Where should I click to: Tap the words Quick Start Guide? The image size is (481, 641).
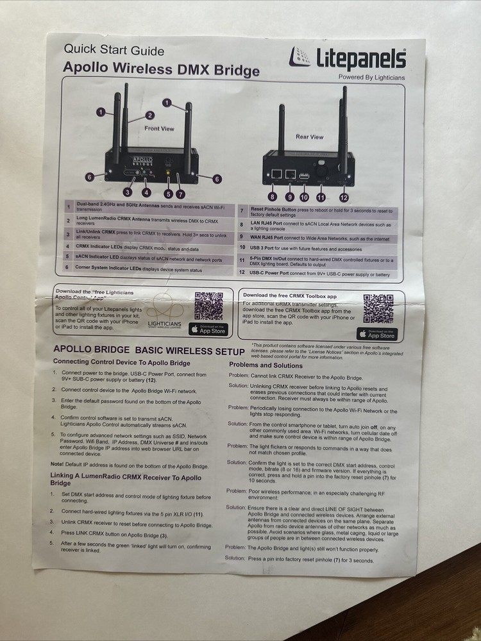114,51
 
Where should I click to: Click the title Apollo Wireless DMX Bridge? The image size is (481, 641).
161,69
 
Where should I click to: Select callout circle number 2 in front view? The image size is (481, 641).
149,115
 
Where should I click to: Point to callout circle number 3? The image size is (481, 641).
128,192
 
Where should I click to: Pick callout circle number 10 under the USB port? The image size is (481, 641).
303,197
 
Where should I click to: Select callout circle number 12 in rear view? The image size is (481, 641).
344,197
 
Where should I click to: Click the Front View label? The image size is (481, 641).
159,128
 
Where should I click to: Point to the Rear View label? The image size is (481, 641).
309,137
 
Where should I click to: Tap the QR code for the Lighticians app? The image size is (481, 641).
208,306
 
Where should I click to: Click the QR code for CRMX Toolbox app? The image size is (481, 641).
378,308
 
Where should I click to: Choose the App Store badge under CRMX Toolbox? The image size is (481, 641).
378,334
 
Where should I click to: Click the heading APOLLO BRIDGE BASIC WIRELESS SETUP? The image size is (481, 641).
149,351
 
